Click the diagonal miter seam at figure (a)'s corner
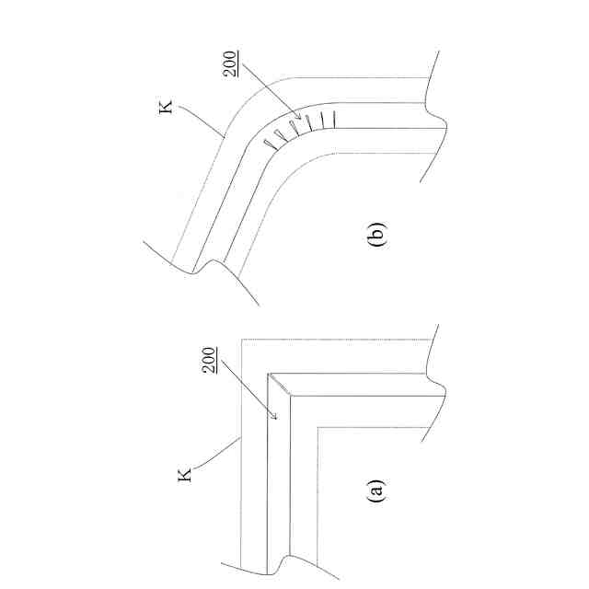coord(280,386)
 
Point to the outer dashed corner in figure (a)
coord(241,341)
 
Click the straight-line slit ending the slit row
coord(336,119)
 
